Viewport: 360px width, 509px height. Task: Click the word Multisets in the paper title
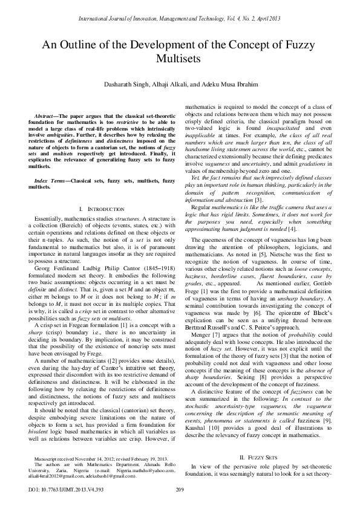pyautogui.click(x=180, y=60)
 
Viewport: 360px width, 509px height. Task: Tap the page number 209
pyautogui.click(x=179, y=489)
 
